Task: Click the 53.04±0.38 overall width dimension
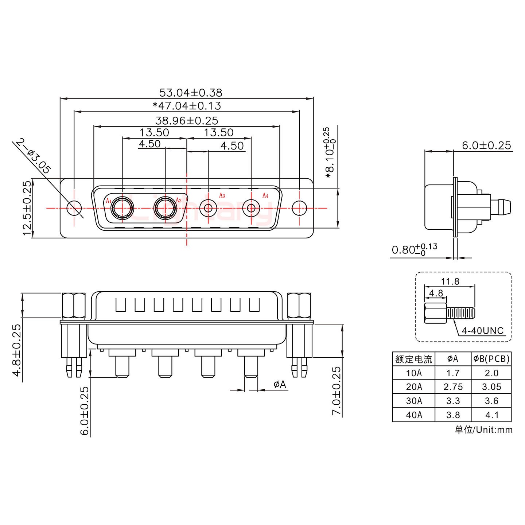pos(190,93)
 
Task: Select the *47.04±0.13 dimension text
pos(187,106)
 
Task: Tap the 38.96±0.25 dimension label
pos(187,120)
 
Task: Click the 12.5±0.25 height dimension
pos(27,208)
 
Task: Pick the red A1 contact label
pos(108,201)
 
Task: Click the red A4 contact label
pos(265,196)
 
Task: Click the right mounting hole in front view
pos(299,208)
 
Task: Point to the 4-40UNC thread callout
pos(482,331)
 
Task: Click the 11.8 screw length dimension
pos(450,281)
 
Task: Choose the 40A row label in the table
pos(414,415)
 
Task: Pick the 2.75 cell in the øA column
pos(453,387)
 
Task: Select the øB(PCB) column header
pos(491,359)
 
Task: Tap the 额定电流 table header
pos(414,359)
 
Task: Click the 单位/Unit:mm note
pos(483,430)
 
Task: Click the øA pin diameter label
pos(280,384)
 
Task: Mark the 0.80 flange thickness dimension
pos(414,250)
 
